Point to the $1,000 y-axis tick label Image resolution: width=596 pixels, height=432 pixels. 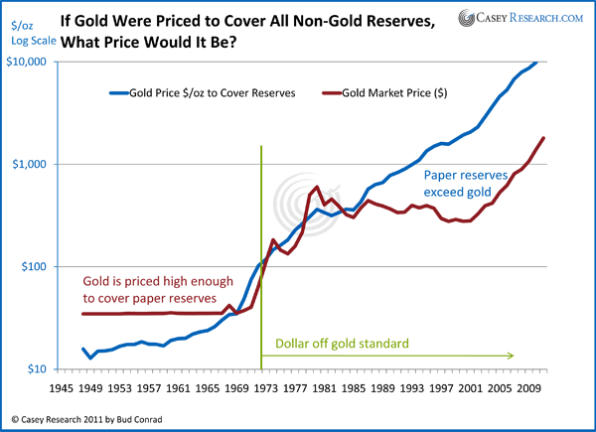coord(32,164)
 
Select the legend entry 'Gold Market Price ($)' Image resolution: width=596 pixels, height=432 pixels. coord(385,93)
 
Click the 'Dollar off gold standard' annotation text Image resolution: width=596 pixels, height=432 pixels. coord(338,344)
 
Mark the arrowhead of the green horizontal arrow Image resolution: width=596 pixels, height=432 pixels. coord(511,355)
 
